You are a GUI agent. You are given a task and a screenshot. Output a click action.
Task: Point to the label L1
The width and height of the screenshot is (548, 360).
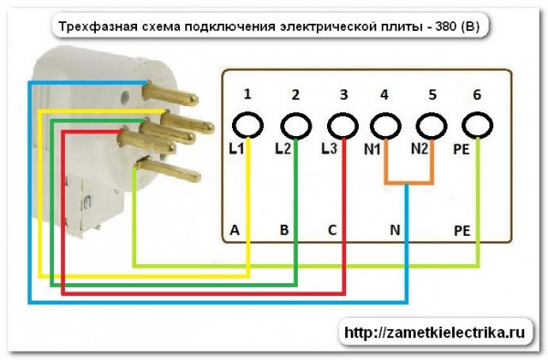pos(236,148)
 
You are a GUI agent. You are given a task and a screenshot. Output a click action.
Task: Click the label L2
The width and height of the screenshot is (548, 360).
pos(282,148)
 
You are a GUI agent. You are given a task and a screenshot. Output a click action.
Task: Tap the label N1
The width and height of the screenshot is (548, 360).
pos(374,148)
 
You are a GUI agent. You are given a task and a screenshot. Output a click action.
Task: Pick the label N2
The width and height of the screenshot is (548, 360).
pos(419,148)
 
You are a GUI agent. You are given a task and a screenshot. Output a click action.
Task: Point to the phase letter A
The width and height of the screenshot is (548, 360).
pos(235,231)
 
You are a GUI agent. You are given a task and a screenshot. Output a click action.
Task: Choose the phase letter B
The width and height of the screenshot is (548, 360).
pos(283,231)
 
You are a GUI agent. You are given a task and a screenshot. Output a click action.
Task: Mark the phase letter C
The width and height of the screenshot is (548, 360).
pos(332,231)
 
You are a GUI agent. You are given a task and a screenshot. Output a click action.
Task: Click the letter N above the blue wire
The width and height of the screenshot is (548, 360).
pos(395,231)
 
